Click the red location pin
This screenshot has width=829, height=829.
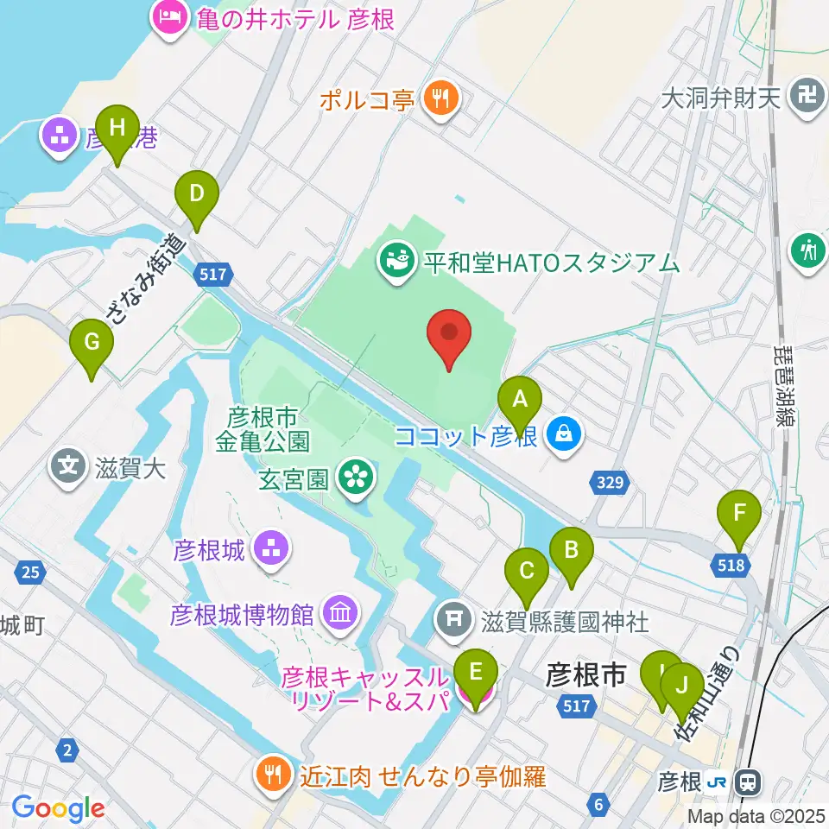(x=449, y=338)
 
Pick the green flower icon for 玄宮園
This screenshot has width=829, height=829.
(x=356, y=478)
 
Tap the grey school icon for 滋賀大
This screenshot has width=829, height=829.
(x=69, y=467)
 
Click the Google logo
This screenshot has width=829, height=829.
(x=58, y=808)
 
